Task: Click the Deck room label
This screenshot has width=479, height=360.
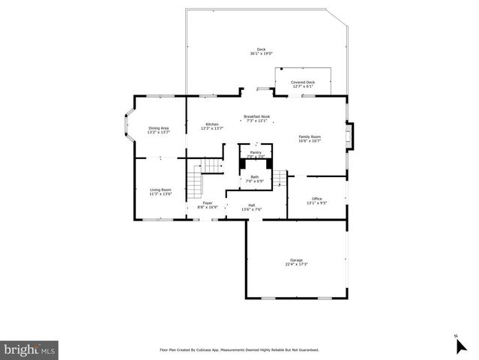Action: click(x=261, y=50)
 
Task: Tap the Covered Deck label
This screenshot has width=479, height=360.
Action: click(x=303, y=82)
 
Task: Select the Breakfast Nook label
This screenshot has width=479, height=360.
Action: click(x=256, y=116)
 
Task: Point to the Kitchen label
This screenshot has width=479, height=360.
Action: click(x=212, y=124)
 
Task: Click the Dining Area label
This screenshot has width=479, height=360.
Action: click(x=158, y=128)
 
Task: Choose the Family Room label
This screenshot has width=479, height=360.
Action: click(x=310, y=136)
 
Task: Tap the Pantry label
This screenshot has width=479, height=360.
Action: click(x=256, y=152)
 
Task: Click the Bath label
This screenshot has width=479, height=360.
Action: click(x=255, y=177)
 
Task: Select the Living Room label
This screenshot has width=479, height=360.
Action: click(x=160, y=190)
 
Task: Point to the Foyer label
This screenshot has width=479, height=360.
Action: click(x=207, y=203)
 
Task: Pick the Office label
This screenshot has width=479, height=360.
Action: click(x=316, y=199)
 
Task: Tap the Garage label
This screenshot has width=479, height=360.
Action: click(x=297, y=259)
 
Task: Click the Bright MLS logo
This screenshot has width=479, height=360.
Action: click(x=30, y=349)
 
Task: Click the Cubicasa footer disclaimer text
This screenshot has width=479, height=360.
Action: click(x=239, y=349)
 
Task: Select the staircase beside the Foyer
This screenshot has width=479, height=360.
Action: click(x=195, y=180)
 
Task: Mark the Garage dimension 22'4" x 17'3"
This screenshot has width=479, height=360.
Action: click(x=297, y=264)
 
